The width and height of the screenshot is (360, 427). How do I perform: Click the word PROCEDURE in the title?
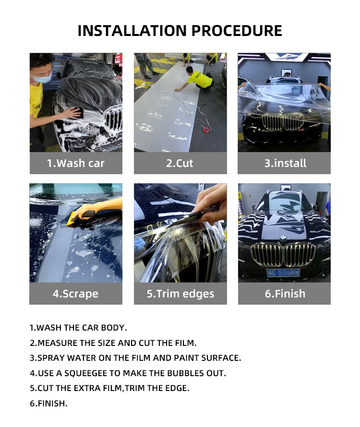pyautogui.click(x=237, y=31)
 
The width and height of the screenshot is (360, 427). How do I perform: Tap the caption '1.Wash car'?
pyautogui.click(x=76, y=163)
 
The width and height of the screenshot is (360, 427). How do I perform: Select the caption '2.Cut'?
pyautogui.click(x=180, y=163)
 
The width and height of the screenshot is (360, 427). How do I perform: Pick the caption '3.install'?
pyautogui.click(x=285, y=163)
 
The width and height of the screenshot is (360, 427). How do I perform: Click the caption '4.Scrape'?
pyautogui.click(x=75, y=294)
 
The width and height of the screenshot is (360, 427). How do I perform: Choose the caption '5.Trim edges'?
pyautogui.click(x=180, y=294)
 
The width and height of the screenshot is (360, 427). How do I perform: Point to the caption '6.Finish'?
pyautogui.click(x=285, y=294)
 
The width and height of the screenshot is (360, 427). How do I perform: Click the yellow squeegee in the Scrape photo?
pyautogui.click(x=73, y=219)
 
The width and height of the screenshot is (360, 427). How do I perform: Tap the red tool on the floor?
pyautogui.click(x=206, y=130)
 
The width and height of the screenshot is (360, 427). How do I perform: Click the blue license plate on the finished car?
pyautogui.click(x=283, y=272)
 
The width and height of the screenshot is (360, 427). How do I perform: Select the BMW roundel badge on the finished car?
pyautogui.click(x=283, y=238)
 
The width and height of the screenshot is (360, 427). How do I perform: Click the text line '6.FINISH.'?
pyautogui.click(x=48, y=403)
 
